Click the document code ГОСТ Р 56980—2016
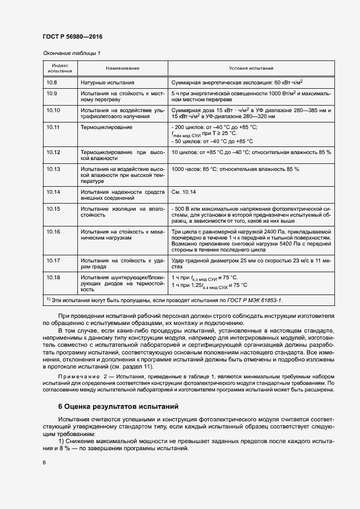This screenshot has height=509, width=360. [x=72, y=36]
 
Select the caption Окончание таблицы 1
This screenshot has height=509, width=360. [x=71, y=53]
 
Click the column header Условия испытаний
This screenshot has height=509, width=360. [x=251, y=69]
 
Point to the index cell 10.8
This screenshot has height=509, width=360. [x=52, y=82]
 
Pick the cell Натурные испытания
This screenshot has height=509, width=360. [x=107, y=82]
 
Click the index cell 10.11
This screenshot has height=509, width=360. [x=53, y=127]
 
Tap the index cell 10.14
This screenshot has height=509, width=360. [x=53, y=192]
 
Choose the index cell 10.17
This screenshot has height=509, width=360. [x=53, y=261]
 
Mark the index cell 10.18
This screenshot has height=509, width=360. [x=53, y=278]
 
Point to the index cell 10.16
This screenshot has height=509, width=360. [x=53, y=231]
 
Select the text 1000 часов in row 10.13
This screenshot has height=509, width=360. [x=185, y=169]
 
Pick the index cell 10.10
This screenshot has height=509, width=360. [x=53, y=110]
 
